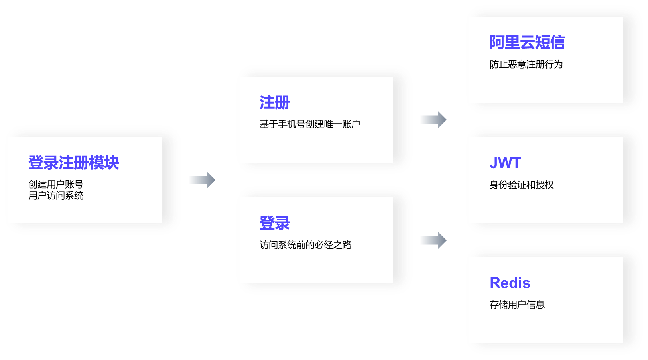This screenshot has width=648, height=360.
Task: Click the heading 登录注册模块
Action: pyautogui.click(x=73, y=163)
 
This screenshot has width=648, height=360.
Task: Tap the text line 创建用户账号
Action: pyautogui.click(x=55, y=184)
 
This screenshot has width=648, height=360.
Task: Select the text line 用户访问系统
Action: pyautogui.click(x=55, y=195)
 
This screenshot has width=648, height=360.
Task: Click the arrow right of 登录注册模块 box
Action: pyautogui.click(x=202, y=180)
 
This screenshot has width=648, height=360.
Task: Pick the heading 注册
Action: pyautogui.click(x=274, y=102)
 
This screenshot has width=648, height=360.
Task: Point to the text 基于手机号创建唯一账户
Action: pyautogui.click(x=309, y=124)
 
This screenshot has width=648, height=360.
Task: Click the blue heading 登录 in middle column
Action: pyautogui.click(x=274, y=223)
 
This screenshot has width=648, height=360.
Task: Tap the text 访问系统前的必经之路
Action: pyautogui.click(x=305, y=245)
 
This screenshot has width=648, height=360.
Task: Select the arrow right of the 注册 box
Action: pyautogui.click(x=433, y=120)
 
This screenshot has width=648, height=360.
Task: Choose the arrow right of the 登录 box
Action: pyautogui.click(x=433, y=240)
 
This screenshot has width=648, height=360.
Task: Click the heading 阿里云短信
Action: pyautogui.click(x=527, y=43)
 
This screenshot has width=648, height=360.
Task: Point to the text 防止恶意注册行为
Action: pyautogui.click(x=526, y=64)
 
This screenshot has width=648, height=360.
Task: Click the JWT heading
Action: pyautogui.click(x=505, y=163)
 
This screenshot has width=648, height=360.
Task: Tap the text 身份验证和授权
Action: pyautogui.click(x=521, y=185)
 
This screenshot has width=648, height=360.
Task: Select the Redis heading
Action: pyautogui.click(x=510, y=283)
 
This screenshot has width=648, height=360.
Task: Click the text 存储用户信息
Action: pyautogui.click(x=517, y=305)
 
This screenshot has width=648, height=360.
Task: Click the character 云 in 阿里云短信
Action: pyautogui.click(x=527, y=43)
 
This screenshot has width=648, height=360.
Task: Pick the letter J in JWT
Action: pyautogui.click(x=494, y=163)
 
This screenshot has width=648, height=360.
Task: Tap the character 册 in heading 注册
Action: pyautogui.click(x=282, y=102)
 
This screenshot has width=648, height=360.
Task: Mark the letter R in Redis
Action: pyautogui.click(x=495, y=283)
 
